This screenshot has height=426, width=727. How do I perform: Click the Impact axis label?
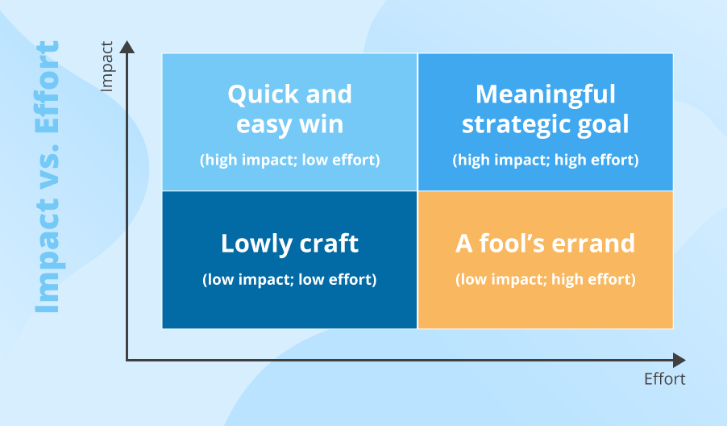(x=107, y=66)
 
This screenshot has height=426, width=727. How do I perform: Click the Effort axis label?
(x=664, y=379)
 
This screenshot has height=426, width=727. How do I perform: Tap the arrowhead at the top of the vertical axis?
(x=127, y=47)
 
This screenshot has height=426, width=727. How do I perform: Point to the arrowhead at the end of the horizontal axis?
(x=679, y=360)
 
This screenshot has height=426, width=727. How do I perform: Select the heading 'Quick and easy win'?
(x=290, y=110)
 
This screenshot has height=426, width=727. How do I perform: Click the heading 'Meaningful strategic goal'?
(x=545, y=110)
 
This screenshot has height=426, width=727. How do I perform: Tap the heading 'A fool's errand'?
(x=545, y=243)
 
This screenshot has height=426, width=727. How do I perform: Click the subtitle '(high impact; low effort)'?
(x=290, y=160)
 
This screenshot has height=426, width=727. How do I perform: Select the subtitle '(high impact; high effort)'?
(x=545, y=160)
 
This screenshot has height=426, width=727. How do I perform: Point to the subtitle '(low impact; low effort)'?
(x=290, y=279)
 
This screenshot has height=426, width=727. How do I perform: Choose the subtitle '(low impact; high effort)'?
(x=545, y=279)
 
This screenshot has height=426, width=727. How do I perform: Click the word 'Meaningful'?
(x=545, y=94)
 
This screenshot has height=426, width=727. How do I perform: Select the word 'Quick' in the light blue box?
(x=264, y=94)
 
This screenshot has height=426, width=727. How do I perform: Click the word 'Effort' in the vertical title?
(x=48, y=87)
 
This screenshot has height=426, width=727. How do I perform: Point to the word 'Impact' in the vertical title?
(x=48, y=256)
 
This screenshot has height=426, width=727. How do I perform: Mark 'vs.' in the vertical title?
(x=48, y=165)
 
